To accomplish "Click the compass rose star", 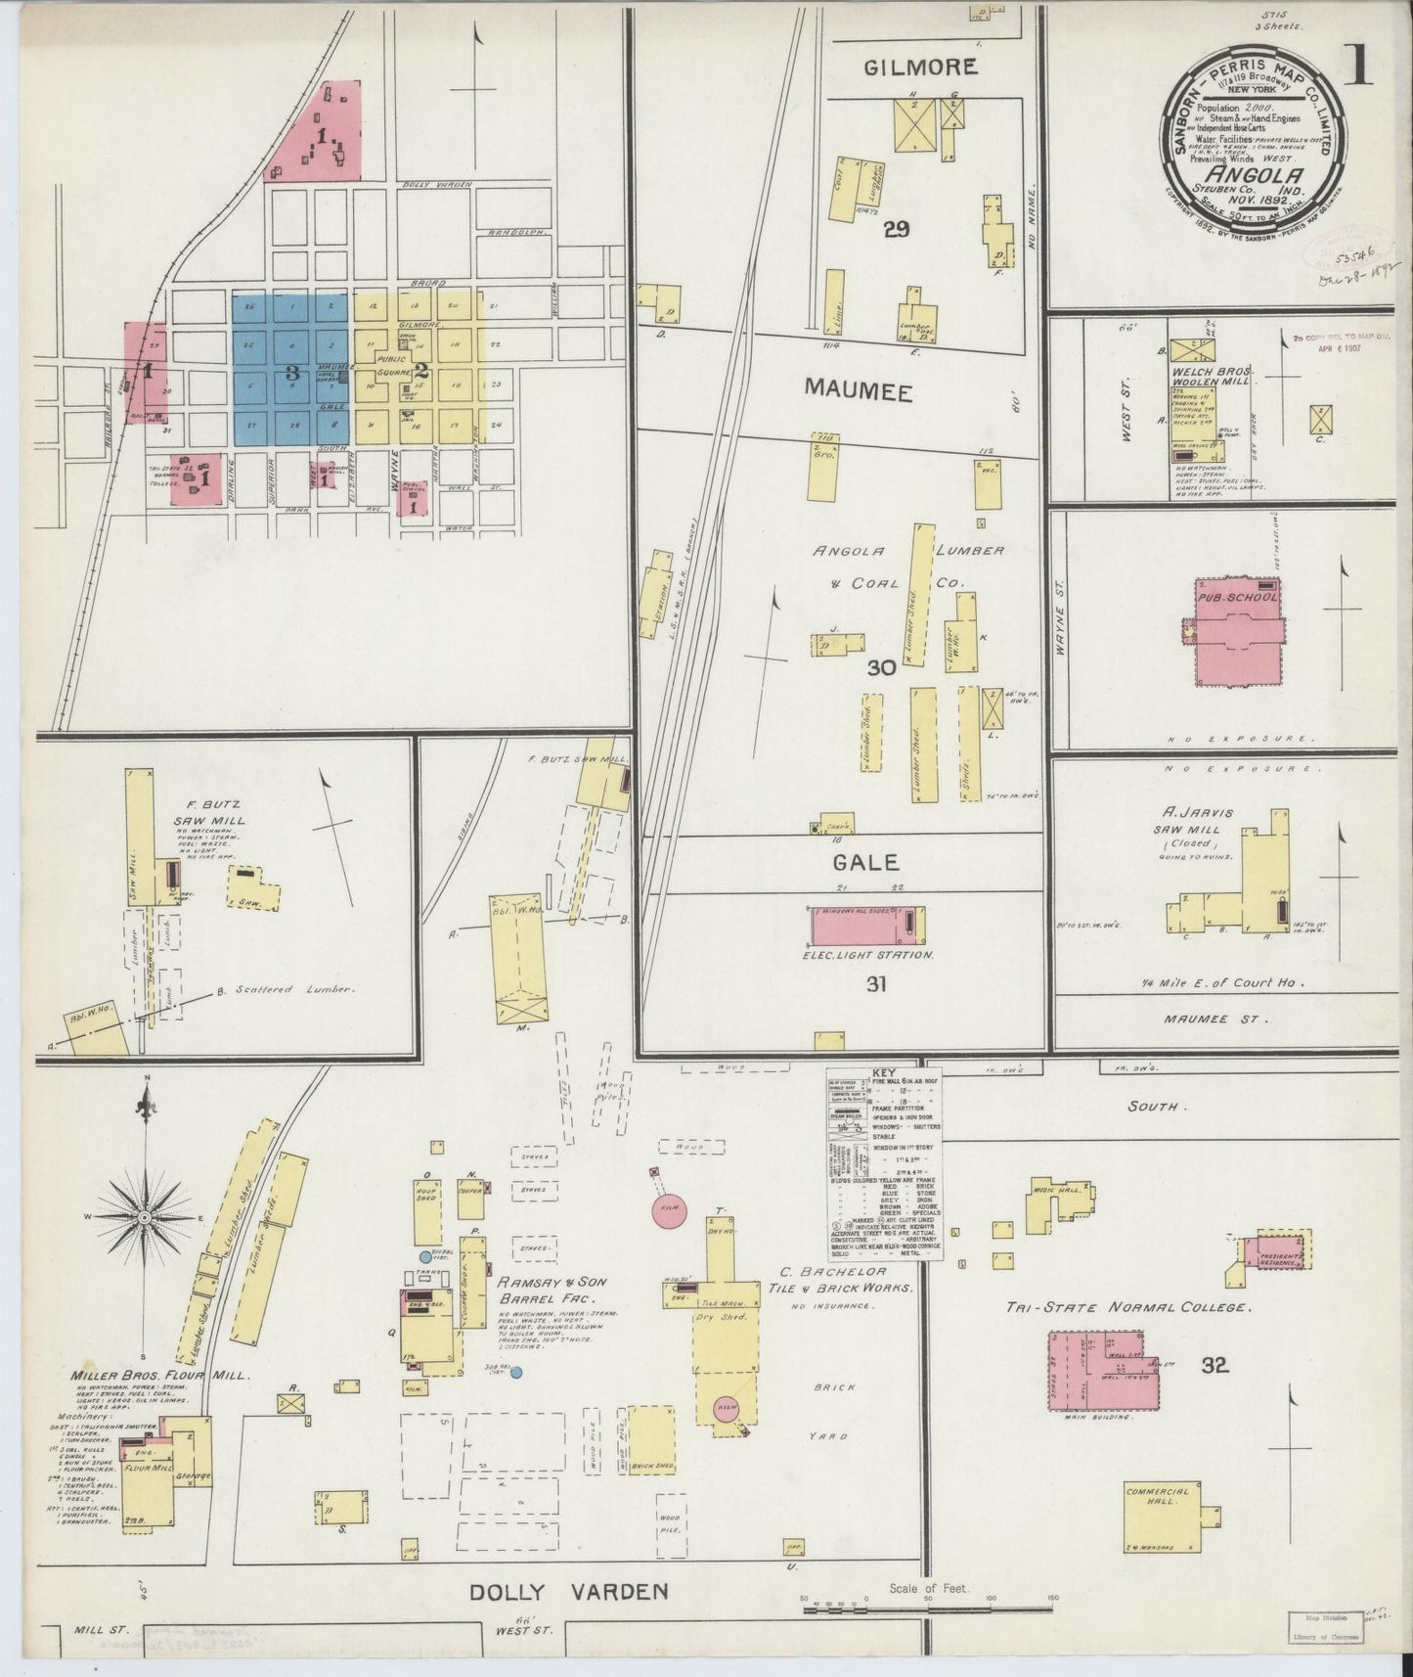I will (145, 1216).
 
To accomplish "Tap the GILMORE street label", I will (919, 67).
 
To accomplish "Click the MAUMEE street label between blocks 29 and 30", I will (859, 391).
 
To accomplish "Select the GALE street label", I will (865, 863).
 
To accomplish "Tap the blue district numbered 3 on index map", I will (290, 371).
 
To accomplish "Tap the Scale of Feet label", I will (928, 1589).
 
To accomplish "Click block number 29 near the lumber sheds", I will (896, 230).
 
